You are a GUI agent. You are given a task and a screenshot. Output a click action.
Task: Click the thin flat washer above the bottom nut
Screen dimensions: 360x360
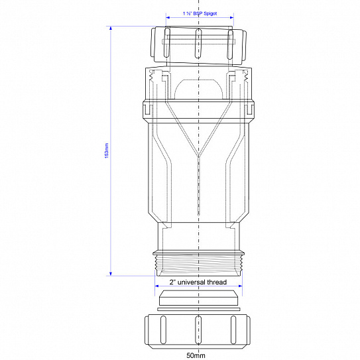pyautogui.click(x=199, y=308)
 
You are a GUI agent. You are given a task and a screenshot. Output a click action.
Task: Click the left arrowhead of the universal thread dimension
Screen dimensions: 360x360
pyautogui.click(x=156, y=288)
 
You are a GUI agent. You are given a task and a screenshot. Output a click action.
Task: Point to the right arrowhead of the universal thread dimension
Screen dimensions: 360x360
pyautogui.click(x=241, y=288)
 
